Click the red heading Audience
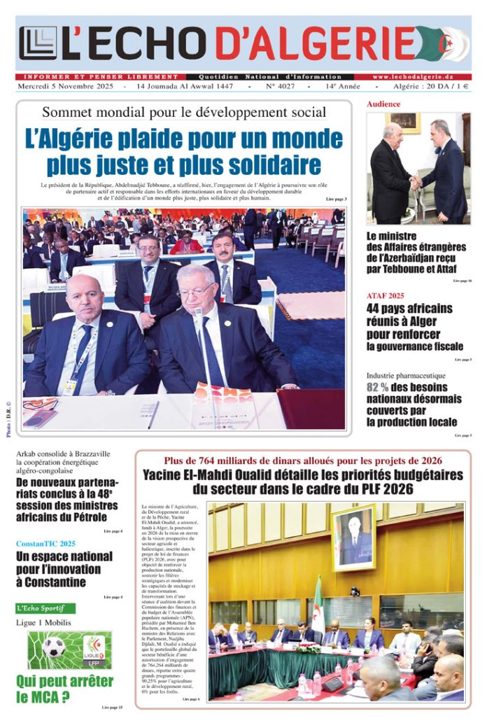[x=383, y=104]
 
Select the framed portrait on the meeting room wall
[x=354, y=538]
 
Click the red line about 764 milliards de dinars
[x=303, y=461]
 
